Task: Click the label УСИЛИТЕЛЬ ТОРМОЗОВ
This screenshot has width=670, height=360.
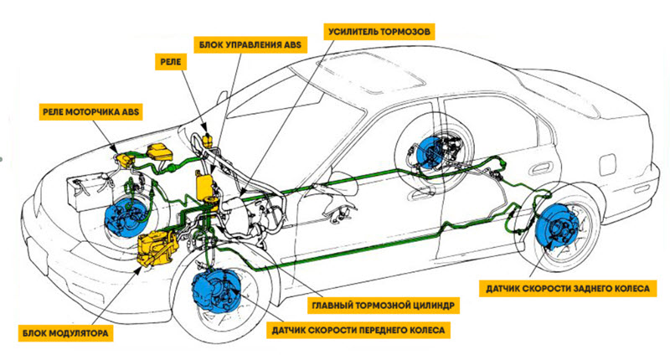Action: click(x=379, y=32)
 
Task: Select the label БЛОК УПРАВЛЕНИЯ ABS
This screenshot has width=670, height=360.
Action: click(x=250, y=44)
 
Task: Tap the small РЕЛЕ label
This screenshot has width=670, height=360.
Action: click(x=171, y=62)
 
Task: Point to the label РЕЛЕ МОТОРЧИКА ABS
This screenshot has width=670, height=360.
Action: click(x=90, y=112)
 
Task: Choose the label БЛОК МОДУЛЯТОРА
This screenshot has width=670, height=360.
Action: click(x=65, y=333)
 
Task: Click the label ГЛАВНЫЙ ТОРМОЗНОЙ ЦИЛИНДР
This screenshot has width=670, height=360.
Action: click(x=384, y=306)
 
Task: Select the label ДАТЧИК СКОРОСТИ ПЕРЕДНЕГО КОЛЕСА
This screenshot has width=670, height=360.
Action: click(x=358, y=330)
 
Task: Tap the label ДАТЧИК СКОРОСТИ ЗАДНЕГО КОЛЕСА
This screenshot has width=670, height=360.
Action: click(x=568, y=289)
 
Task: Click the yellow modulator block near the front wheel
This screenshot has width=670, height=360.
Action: click(x=157, y=249)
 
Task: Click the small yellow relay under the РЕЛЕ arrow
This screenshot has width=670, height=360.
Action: click(x=207, y=140)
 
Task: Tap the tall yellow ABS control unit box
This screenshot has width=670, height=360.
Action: click(x=204, y=184)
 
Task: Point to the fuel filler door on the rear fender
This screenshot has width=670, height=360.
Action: click(x=607, y=164)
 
